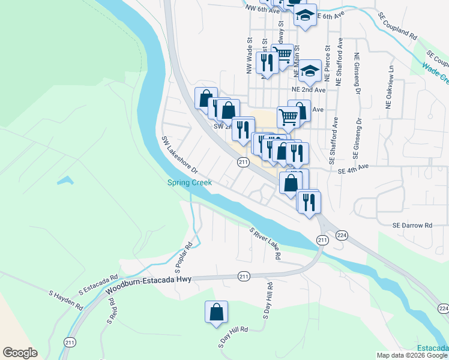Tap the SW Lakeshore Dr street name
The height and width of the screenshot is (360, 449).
(179, 154)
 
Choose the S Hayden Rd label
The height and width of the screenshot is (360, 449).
(66, 300)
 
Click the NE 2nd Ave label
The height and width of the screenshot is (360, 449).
(308, 89)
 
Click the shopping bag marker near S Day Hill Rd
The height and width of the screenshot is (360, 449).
(216, 312)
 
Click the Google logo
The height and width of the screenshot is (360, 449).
(20, 353)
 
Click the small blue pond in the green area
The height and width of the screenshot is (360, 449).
(65, 180)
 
